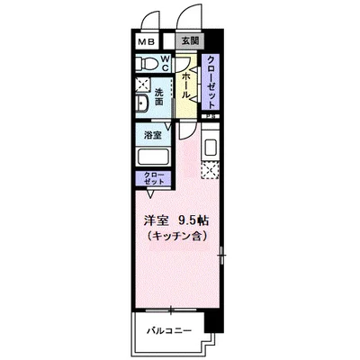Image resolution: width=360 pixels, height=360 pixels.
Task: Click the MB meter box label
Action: coord(146,41)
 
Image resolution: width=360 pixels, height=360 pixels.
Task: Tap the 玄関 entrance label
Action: coord(191,40)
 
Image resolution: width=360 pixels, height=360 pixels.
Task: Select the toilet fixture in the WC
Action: coord(146,63)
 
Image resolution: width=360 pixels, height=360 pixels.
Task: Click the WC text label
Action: coord(166,63)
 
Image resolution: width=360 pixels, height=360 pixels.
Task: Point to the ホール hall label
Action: coord(185,85)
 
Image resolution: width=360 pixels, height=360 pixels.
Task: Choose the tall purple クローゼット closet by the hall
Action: coord(211,82)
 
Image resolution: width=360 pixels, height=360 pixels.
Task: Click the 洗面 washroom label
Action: coord(159,96)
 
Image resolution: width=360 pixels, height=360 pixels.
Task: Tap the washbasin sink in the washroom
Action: coord(141,103)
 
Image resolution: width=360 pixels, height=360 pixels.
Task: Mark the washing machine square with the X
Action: coord(143,85)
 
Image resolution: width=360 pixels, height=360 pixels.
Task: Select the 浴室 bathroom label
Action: coord(153,135)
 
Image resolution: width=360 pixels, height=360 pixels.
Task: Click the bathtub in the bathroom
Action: coord(153,157)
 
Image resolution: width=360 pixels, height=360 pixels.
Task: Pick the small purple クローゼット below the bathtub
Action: coord(153,179)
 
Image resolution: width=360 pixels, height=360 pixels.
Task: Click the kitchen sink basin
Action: coord(211,147)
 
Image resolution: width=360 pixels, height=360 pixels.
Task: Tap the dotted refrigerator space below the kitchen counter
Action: coord(211,170)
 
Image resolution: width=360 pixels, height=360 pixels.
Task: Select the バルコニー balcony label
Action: coord(169,331)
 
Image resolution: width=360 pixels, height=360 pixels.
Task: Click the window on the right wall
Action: coord(221,256)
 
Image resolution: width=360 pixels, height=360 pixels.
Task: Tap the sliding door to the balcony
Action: coord(171,310)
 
